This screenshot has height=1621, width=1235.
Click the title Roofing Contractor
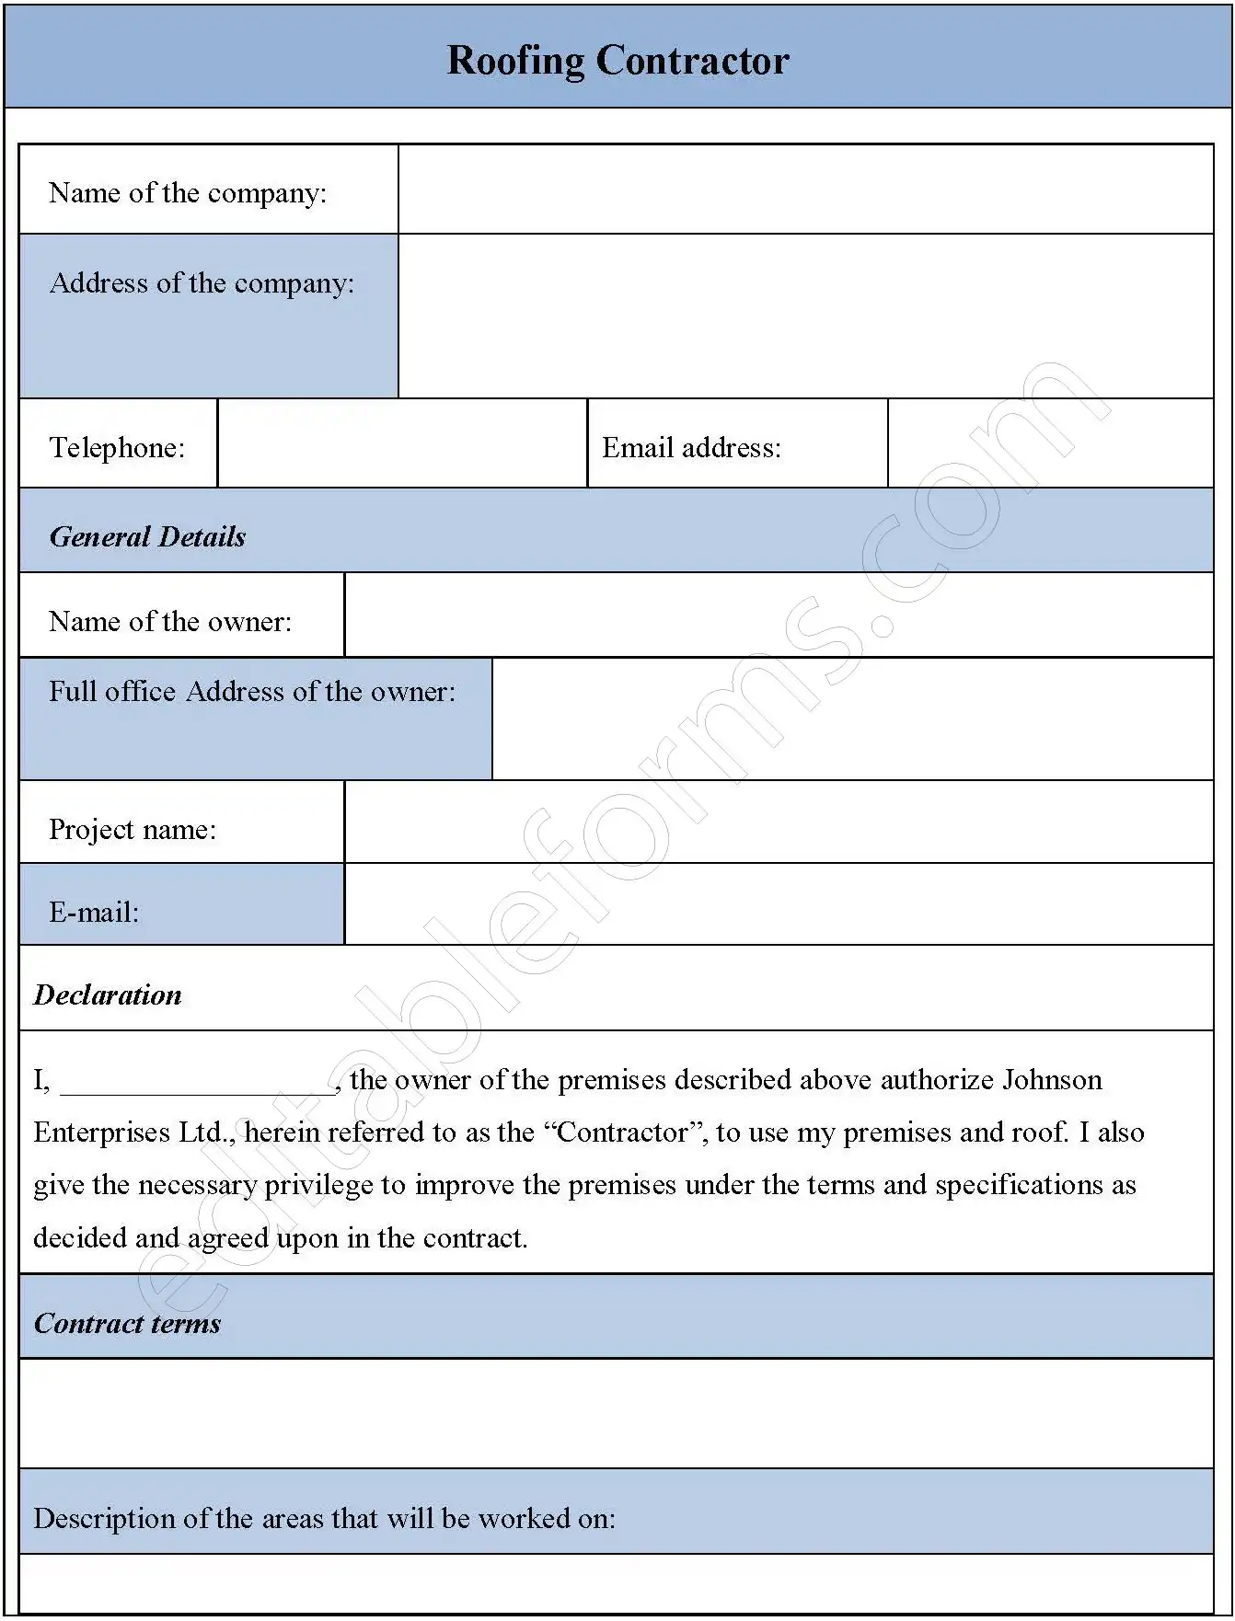tap(617, 61)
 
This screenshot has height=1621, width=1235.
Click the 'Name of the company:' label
tap(188, 193)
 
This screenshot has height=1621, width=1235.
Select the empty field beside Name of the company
tap(805, 190)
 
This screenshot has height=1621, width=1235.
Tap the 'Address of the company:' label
tap(202, 283)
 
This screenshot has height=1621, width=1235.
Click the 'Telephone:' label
tap(117, 448)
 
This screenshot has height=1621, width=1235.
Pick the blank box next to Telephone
tap(402, 444)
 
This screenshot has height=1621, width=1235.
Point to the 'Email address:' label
tap(691, 448)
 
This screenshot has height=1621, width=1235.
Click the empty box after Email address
tap(1050, 444)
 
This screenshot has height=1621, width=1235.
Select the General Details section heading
tap(147, 537)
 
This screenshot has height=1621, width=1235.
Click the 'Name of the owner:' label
tap(170, 622)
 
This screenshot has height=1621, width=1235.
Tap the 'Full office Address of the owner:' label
tap(252, 692)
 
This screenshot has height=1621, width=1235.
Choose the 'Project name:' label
tap(133, 830)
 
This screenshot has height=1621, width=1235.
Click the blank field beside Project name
tap(779, 822)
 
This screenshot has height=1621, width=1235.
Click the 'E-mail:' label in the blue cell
tap(94, 913)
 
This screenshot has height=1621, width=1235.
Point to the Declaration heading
tap(108, 995)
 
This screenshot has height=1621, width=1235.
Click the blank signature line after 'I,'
tap(197, 1084)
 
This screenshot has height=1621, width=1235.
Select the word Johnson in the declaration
tap(1052, 1080)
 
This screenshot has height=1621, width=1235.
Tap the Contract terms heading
tap(127, 1324)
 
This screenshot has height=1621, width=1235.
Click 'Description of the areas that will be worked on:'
tap(324, 1519)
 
